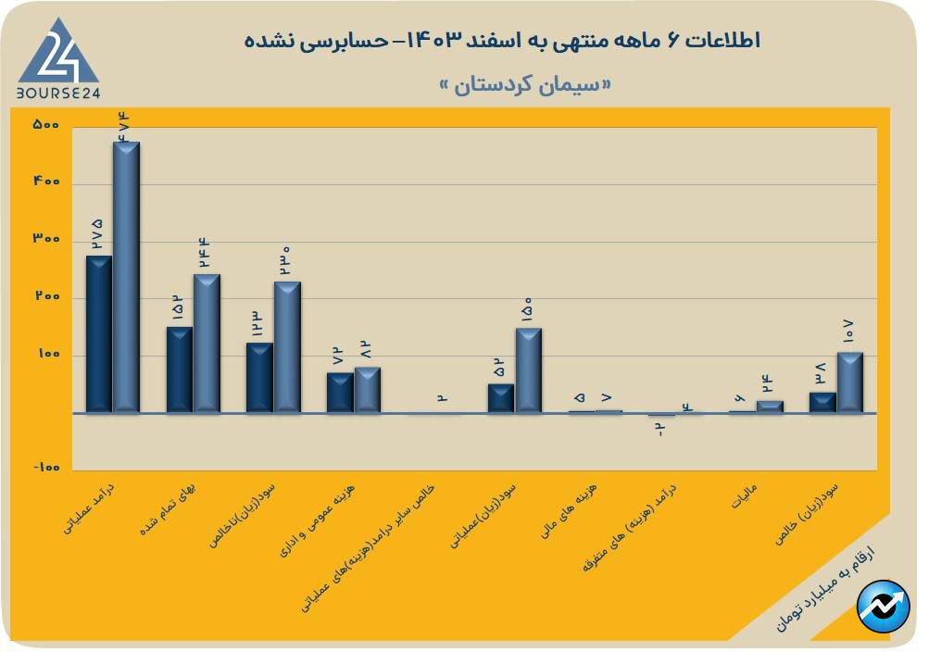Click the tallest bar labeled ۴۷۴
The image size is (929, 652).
point(126,278)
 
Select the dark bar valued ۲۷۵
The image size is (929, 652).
point(98,334)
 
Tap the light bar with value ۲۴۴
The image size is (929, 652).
point(207,344)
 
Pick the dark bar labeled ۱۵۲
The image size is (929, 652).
point(179,370)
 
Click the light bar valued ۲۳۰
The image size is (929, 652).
point(287,347)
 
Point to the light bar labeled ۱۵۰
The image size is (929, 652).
point(529,370)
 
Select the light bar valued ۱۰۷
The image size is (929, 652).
point(850,382)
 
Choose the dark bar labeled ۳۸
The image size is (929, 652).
point(822,403)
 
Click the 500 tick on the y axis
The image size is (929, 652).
point(45,125)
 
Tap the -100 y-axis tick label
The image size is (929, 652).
point(45,469)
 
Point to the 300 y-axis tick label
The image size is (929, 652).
point(45,240)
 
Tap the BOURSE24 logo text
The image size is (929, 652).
point(58,93)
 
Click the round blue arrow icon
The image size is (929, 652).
point(882,607)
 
